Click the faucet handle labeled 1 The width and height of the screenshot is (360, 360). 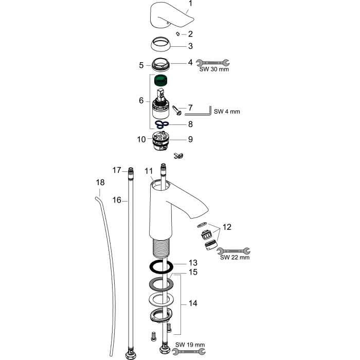click(x=170, y=15)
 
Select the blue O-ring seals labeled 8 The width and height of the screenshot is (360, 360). click(x=162, y=124)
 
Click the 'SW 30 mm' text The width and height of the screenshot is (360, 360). click(x=214, y=69)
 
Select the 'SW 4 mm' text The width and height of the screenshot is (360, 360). click(x=227, y=112)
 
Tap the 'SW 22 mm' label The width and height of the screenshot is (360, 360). click(x=235, y=257)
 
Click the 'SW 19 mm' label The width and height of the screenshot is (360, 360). click(x=190, y=345)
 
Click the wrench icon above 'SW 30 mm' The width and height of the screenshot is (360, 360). click(x=212, y=62)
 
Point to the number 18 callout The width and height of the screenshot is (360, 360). click(x=100, y=182)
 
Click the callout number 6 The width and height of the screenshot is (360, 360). click(x=141, y=101)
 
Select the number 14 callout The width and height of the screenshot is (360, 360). click(x=193, y=303)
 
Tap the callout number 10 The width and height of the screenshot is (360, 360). click(x=141, y=139)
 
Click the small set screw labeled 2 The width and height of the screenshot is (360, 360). click(x=177, y=34)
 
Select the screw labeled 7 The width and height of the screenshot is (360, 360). click(x=177, y=110)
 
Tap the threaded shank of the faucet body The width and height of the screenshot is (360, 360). click(x=161, y=247)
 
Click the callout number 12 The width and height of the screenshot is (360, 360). click(x=227, y=227)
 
